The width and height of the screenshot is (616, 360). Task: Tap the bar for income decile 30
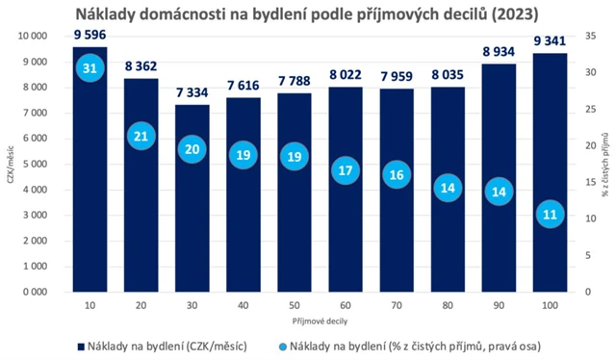(x=192, y=202)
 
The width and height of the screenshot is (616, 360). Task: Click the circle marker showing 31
(x=90, y=69)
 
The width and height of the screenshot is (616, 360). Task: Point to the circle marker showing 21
(x=141, y=137)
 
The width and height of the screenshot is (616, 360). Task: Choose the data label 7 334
(x=192, y=93)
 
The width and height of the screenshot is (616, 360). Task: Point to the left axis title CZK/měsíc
(x=9, y=164)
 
